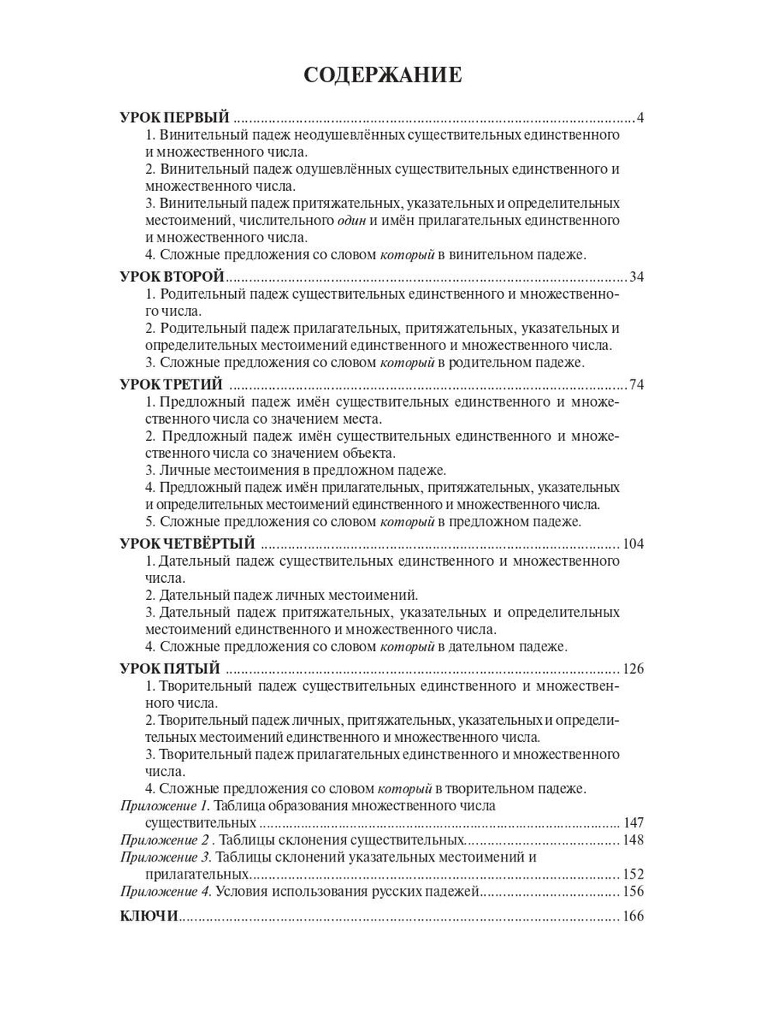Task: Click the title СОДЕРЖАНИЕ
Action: [383, 75]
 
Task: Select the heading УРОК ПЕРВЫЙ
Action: [175, 118]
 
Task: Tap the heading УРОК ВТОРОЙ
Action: [171, 277]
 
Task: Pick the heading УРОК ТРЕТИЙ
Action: [171, 385]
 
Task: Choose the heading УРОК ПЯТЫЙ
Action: [170, 669]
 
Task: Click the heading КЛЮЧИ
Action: [149, 916]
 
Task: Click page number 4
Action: [640, 118]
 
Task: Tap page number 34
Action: [637, 277]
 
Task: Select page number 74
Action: [637, 385]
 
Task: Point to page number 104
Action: [633, 543]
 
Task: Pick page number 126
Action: [633, 669]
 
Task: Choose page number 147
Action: [633, 823]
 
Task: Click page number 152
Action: [633, 874]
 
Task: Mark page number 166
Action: [633, 916]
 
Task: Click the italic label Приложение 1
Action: [165, 806]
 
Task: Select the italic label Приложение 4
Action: [166, 891]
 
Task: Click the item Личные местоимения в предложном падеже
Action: [296, 470]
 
